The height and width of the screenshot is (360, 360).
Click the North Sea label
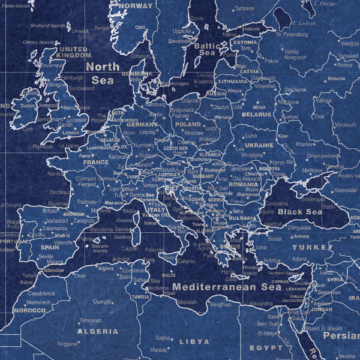[103, 73]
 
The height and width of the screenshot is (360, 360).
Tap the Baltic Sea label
[206, 49]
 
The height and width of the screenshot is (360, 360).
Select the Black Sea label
[299, 212]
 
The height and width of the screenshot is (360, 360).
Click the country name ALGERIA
[98, 331]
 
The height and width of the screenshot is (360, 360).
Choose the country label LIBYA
[194, 341]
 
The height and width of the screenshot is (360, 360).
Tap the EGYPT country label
[265, 347]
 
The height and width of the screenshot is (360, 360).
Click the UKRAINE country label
[259, 145]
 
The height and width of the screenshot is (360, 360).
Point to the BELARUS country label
[256, 113]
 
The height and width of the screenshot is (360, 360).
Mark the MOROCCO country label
[29, 311]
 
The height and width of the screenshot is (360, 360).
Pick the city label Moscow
[336, 79]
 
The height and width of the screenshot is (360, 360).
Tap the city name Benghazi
[220, 304]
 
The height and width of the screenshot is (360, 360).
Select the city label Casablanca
[41, 293]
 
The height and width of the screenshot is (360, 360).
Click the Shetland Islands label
[48, 26]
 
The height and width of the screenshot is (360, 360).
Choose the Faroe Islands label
[15, 5]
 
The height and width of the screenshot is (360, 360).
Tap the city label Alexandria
[260, 304]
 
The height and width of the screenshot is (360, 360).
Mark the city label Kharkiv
[304, 144]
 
